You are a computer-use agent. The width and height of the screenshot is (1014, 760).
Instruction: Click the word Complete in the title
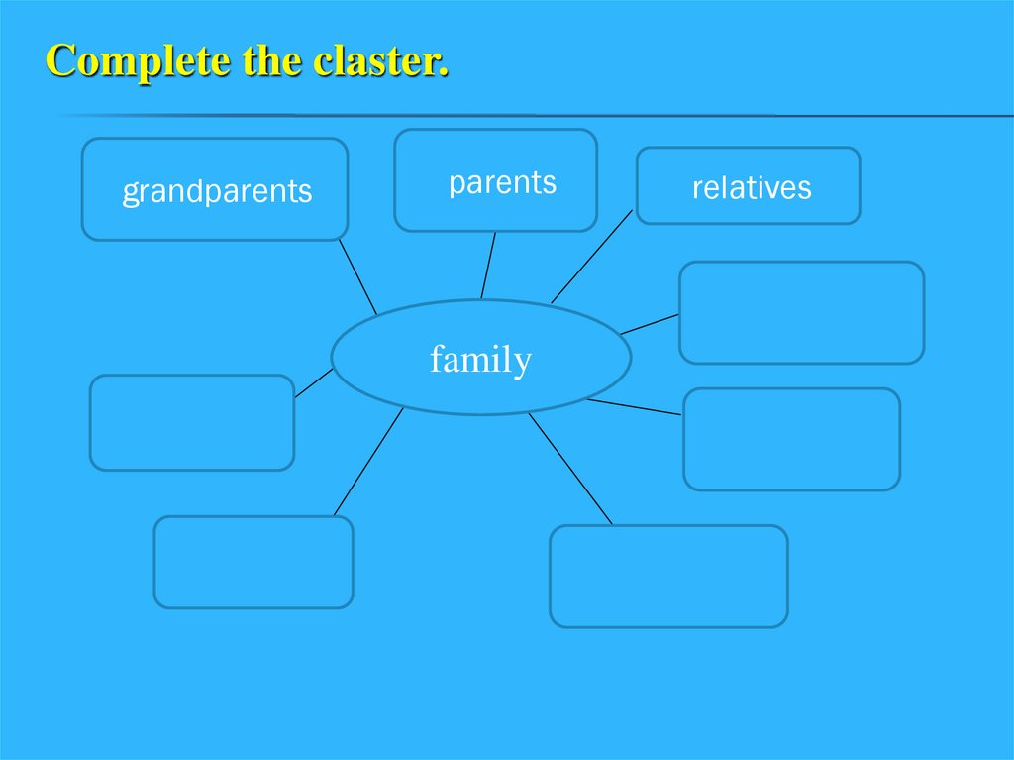(x=138, y=61)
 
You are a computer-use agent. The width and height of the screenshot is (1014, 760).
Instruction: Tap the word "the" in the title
(x=270, y=61)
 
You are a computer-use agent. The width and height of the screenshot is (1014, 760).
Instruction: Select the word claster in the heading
(x=380, y=61)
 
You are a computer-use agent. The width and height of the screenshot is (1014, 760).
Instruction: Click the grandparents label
(x=217, y=191)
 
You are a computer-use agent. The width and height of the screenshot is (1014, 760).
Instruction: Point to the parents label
(x=502, y=183)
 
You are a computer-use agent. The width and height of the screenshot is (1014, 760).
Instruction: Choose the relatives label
(x=752, y=188)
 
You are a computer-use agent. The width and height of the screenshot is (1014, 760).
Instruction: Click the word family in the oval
(x=480, y=359)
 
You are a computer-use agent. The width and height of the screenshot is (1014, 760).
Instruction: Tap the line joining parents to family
(x=488, y=265)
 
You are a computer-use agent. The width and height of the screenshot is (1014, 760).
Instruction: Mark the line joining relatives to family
(x=591, y=257)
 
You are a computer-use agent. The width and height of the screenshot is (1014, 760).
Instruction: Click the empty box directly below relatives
(x=801, y=312)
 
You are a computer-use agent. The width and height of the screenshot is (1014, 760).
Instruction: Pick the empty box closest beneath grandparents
(x=192, y=422)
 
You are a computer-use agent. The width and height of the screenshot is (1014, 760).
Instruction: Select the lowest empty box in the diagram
(x=668, y=576)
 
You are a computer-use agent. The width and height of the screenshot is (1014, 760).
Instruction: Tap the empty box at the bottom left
(x=253, y=562)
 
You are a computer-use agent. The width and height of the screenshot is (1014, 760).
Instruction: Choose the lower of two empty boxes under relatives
(x=791, y=439)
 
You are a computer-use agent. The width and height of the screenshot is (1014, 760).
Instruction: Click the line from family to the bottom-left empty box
(x=368, y=462)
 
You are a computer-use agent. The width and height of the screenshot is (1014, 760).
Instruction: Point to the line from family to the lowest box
(x=570, y=469)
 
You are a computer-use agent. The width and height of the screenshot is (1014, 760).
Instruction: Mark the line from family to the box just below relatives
(x=650, y=324)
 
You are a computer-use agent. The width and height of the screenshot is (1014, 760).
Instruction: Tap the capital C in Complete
(x=60, y=61)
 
